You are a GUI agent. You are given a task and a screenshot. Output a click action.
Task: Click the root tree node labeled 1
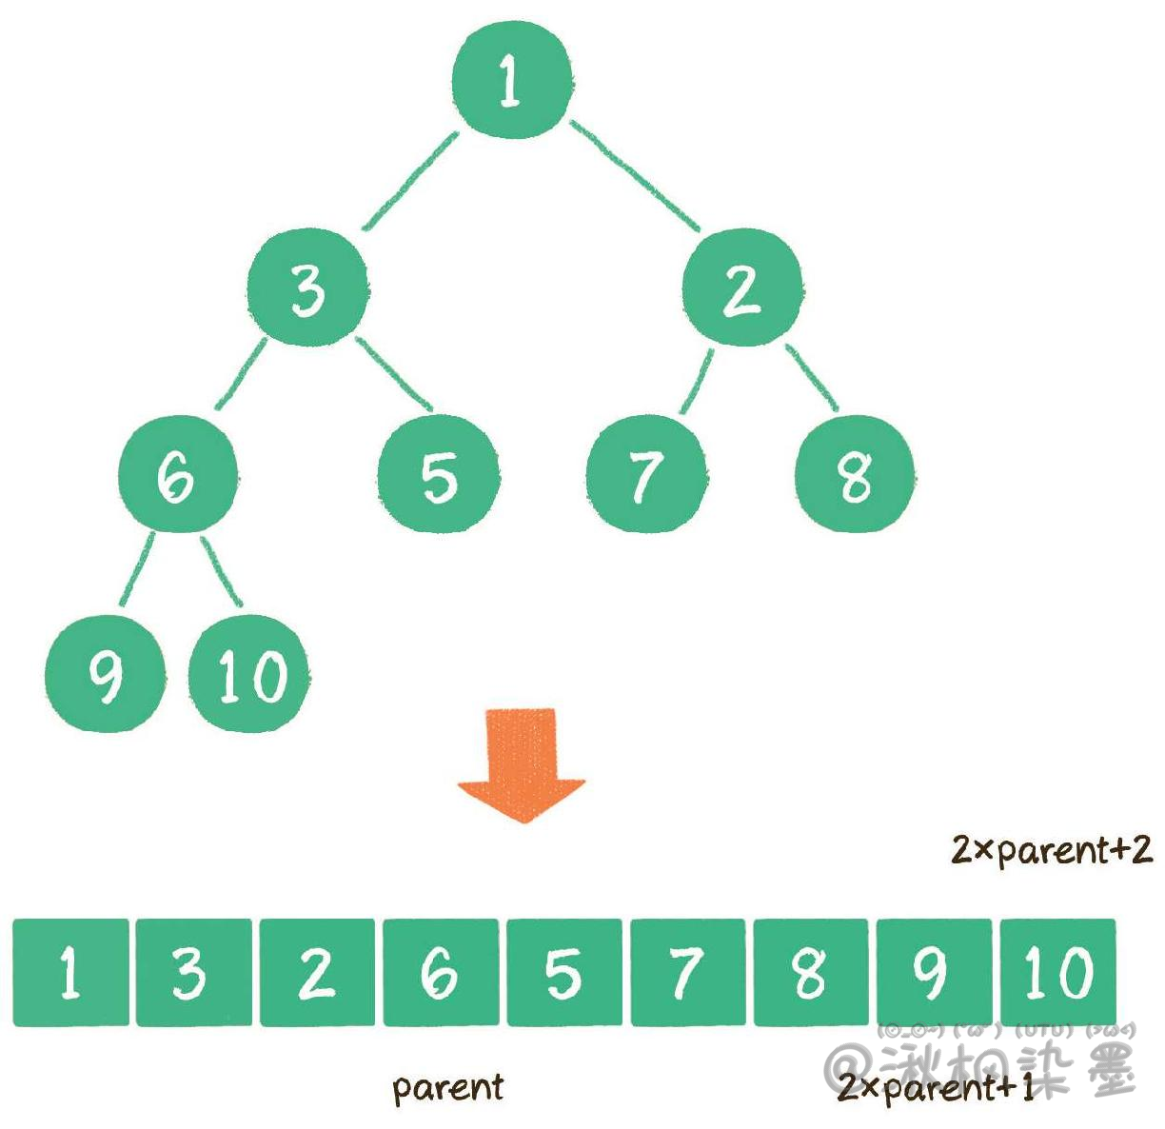click(512, 79)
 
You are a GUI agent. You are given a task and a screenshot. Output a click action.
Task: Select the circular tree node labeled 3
click(306, 287)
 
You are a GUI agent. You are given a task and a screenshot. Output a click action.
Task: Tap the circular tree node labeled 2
click(741, 287)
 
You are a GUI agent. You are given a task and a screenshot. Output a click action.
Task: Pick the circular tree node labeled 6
click(178, 473)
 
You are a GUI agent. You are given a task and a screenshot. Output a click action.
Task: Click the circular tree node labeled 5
click(439, 475)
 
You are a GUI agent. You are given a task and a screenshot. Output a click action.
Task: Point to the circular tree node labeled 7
click(646, 473)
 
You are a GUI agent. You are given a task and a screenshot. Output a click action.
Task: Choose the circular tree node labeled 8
click(855, 473)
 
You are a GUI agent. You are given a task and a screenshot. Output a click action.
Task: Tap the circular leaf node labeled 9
click(105, 674)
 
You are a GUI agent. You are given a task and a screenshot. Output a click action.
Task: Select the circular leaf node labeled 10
click(249, 674)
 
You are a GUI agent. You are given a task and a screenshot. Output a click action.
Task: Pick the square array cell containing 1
click(70, 972)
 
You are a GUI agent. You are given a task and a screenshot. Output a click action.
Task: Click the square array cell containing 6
click(441, 972)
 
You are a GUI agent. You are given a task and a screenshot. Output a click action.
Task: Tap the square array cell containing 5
click(564, 972)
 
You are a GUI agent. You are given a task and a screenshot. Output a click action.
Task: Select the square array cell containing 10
click(1057, 972)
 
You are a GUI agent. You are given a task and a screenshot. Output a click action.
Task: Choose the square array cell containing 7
click(687, 972)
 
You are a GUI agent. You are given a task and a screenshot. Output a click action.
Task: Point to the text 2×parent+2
click(1052, 849)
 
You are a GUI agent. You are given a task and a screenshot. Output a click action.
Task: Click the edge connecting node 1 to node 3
click(411, 181)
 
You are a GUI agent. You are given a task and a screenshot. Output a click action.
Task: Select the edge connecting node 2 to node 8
click(812, 377)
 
